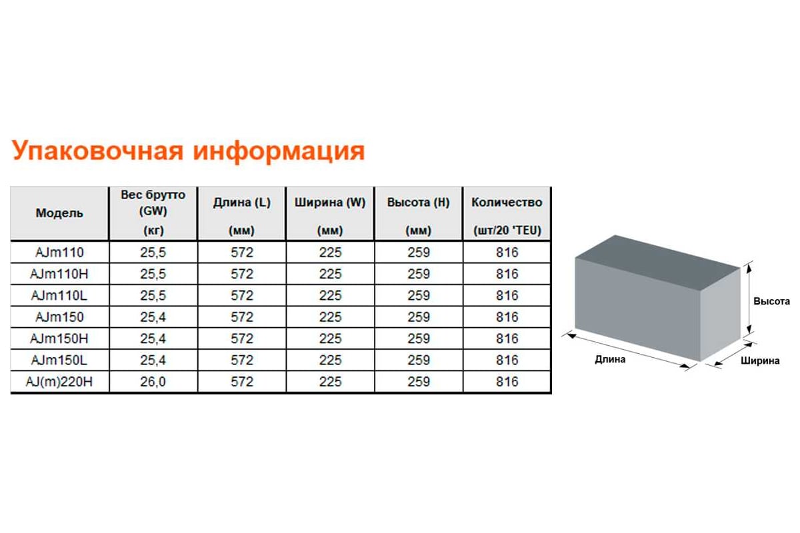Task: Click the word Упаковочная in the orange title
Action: pos(97,151)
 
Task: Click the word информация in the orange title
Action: pos(279,151)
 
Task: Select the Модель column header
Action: pos(59,213)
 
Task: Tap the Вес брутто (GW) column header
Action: pos(153,203)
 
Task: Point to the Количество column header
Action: pos(507,203)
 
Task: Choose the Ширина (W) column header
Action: pos(330,203)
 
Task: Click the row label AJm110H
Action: pos(59,274)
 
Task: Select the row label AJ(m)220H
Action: pos(59,382)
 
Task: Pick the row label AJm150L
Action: pos(59,360)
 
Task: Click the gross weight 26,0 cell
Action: pos(153,382)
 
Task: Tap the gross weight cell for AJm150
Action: pos(153,317)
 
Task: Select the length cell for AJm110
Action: pos(242,253)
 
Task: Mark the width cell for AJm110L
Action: pos(331,295)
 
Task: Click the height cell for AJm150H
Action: pos(419,338)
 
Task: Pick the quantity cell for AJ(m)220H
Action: pos(507,382)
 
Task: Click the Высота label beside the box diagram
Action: pos(771,301)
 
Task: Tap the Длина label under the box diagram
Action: pos(610,359)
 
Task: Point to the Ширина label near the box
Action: pos(760,360)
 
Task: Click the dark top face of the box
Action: pos(657,263)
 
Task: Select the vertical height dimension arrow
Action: pos(749,298)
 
